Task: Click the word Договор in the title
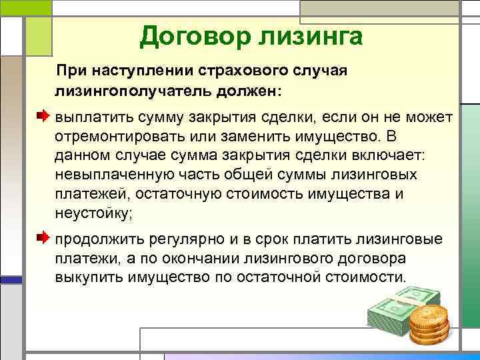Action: tap(190, 35)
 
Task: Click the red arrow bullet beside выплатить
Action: tap(43, 116)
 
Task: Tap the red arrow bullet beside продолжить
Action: tap(43, 237)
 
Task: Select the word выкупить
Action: tap(86, 277)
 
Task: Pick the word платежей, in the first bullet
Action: tap(90, 194)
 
